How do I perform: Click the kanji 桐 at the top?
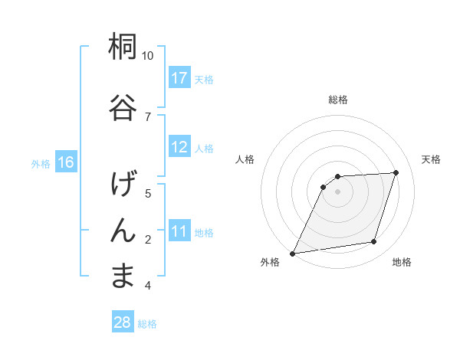pyautogui.click(x=123, y=47)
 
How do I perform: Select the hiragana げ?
pyautogui.click(x=123, y=185)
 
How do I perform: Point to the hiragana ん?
pyautogui.click(x=123, y=229)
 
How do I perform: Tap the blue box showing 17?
pyautogui.click(x=179, y=78)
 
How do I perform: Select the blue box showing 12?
pyautogui.click(x=179, y=147)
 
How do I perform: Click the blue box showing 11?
pyautogui.click(x=179, y=232)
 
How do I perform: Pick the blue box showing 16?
pyautogui.click(x=66, y=162)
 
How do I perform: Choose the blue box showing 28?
pyautogui.click(x=123, y=322)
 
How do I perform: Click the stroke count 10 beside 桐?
pyautogui.click(x=148, y=56)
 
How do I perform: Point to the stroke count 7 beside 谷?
pyautogui.click(x=148, y=116)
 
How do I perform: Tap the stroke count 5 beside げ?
pyautogui.click(x=148, y=193)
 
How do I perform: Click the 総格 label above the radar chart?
pyautogui.click(x=338, y=100)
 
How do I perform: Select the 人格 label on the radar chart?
pyautogui.click(x=245, y=159)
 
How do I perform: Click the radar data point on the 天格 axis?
pyautogui.click(x=396, y=172)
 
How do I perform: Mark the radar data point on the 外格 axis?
pyautogui.click(x=292, y=253)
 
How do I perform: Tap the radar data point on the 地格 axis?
pyautogui.click(x=374, y=242)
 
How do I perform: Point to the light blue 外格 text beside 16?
pyautogui.click(x=40, y=163)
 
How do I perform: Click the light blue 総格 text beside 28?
pyautogui.click(x=147, y=323)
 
